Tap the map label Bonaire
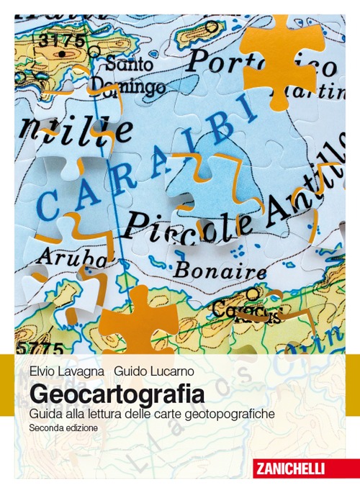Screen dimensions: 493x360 point(221,271)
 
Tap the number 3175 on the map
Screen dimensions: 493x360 point(62,40)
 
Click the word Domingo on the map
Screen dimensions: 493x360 point(133,87)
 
